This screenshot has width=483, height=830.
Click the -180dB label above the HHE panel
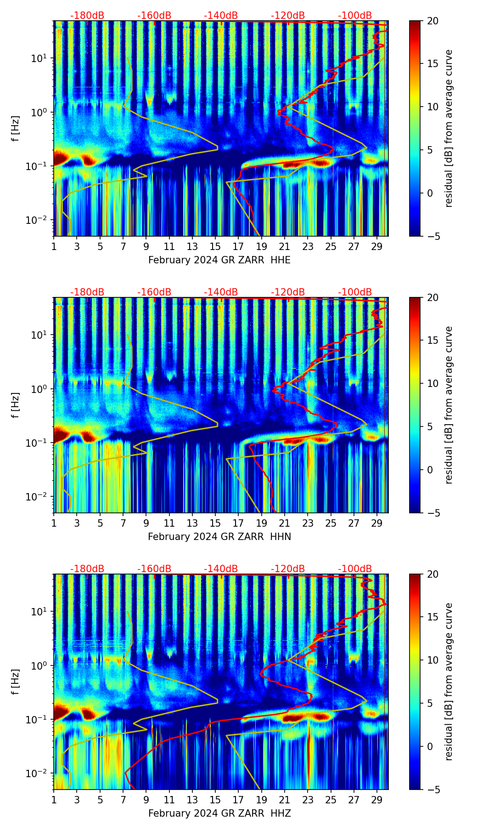coord(87,16)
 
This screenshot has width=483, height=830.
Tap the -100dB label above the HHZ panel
coord(355,569)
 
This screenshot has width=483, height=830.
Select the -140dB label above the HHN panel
coord(221,292)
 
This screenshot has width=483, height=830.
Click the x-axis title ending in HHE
coord(219,260)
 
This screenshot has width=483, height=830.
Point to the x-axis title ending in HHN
coord(219,537)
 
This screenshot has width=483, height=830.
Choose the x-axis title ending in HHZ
coord(219,813)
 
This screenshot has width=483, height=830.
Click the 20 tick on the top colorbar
coord(432,21)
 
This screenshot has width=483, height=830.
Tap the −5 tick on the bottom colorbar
coord(430,790)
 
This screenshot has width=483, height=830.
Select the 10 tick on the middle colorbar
coord(432,383)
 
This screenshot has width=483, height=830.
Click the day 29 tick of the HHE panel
coord(377,246)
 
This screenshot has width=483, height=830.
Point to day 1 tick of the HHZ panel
coord(54,800)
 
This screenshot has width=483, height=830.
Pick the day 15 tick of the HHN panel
coord(215,523)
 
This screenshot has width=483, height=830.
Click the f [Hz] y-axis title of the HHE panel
coord(16,129)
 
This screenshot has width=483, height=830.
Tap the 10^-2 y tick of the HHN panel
coord(39,497)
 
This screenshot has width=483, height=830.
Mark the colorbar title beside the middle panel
coord(449,405)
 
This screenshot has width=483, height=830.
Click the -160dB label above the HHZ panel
coord(154,569)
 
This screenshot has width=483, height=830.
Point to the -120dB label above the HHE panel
coord(288,16)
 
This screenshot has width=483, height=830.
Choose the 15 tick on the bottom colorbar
coord(432,617)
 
